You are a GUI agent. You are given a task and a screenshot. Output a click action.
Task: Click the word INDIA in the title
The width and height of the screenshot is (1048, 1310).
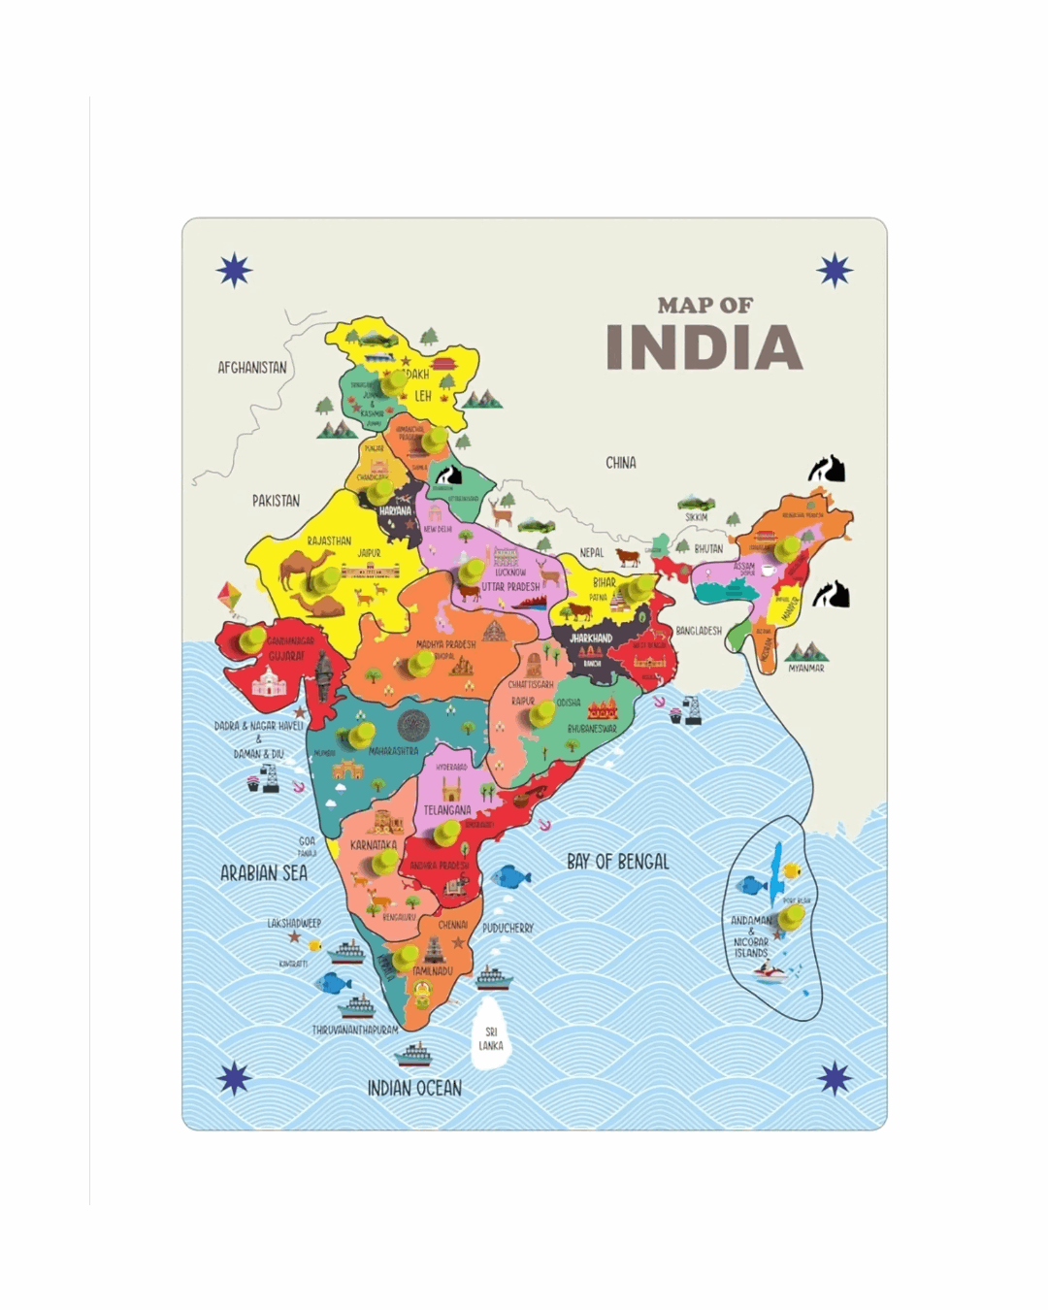(x=704, y=347)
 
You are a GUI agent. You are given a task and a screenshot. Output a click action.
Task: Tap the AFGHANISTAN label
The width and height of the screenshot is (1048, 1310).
(x=252, y=368)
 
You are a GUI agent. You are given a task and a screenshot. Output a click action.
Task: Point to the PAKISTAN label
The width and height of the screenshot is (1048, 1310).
(x=277, y=501)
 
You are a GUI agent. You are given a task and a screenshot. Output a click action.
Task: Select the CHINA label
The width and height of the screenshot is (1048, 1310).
(x=621, y=463)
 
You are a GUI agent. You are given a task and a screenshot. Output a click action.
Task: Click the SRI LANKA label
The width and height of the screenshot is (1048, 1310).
(x=491, y=1038)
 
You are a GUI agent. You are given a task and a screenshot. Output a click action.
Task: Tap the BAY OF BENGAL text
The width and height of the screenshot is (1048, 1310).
(x=618, y=861)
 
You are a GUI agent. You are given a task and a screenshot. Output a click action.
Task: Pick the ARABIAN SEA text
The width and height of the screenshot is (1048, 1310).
(x=264, y=873)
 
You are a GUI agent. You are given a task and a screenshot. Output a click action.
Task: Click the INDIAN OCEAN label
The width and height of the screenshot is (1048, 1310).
(x=414, y=1089)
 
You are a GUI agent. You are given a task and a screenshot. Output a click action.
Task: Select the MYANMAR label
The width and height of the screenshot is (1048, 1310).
(x=805, y=669)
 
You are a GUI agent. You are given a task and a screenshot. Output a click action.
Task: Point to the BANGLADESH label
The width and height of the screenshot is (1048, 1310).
(x=699, y=631)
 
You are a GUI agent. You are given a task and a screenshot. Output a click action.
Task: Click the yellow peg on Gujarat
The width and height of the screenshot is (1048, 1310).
(x=253, y=639)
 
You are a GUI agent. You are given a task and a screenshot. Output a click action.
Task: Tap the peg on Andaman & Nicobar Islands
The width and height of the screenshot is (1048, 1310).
(x=792, y=915)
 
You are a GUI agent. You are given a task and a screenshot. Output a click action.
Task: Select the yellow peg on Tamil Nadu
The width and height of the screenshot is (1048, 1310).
(x=406, y=957)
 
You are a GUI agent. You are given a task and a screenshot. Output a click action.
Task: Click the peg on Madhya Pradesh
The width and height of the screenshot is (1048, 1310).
(x=421, y=663)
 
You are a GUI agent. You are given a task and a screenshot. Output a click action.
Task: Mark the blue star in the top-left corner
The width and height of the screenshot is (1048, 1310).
(x=234, y=270)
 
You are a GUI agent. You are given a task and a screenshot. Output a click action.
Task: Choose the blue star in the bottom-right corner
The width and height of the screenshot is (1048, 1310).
(x=835, y=1077)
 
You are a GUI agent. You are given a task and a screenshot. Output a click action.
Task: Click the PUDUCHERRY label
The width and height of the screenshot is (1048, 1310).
(x=508, y=928)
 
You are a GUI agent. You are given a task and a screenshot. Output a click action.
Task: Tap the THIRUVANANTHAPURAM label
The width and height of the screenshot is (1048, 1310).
(x=355, y=1030)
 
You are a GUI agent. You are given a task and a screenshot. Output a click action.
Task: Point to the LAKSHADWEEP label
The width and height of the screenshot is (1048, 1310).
(x=294, y=923)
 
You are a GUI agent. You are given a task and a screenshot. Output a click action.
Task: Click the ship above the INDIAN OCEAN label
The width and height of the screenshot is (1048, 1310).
(x=415, y=1054)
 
